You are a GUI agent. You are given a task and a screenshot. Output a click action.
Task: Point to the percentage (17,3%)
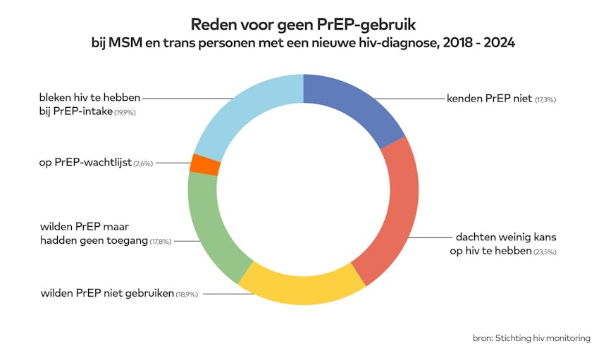[x=546, y=100]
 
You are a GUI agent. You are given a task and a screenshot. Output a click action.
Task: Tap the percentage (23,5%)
[x=545, y=252]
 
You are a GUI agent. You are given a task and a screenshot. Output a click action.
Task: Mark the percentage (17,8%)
[x=161, y=242]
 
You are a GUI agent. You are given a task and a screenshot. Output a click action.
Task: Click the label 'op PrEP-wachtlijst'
[x=85, y=163]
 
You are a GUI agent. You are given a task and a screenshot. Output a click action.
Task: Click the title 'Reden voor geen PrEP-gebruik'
[x=303, y=25]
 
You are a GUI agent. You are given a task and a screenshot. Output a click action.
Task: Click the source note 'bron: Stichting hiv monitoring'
[x=531, y=338]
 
